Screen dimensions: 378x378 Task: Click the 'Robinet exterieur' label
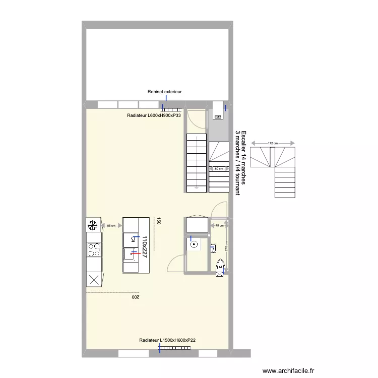click(x=164, y=92)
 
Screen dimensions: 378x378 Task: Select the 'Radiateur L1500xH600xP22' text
click(x=167, y=341)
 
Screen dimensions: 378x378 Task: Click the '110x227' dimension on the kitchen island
click(x=144, y=247)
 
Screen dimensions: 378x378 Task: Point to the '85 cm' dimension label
click(x=111, y=226)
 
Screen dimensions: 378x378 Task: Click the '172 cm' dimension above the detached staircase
click(x=273, y=144)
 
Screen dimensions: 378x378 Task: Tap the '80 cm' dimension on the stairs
click(x=218, y=169)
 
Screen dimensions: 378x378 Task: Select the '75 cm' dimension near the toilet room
click(x=219, y=226)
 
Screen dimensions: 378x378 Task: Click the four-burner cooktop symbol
click(x=94, y=248)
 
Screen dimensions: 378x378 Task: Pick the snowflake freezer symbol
click(x=93, y=224)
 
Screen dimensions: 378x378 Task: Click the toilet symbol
click(x=220, y=266)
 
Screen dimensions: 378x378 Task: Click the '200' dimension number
click(x=135, y=297)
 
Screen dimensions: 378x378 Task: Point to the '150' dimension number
click(x=159, y=221)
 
